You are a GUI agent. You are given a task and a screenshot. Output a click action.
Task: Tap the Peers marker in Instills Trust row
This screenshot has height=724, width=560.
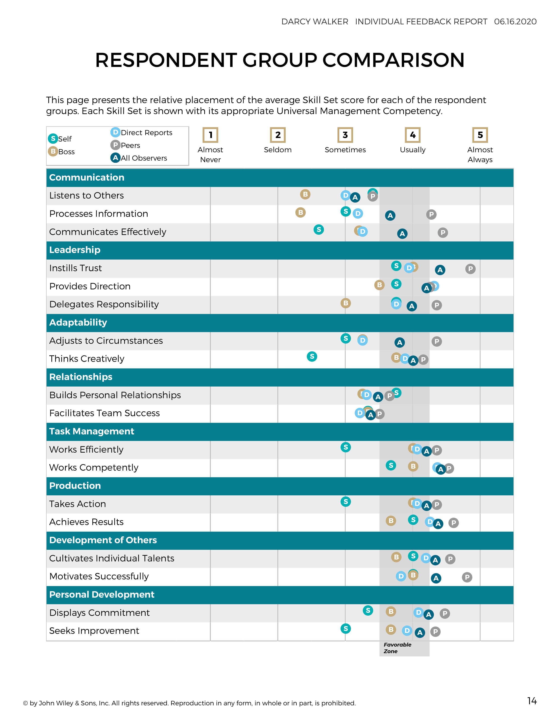(470, 269)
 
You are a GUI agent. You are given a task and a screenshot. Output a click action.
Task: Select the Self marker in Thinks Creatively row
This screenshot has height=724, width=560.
(312, 357)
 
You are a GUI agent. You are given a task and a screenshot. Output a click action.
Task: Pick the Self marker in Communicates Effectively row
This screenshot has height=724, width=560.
(318, 229)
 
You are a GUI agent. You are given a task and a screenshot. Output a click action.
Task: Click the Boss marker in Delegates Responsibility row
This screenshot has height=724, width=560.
(346, 303)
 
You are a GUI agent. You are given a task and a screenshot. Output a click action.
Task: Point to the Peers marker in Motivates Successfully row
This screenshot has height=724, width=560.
(467, 577)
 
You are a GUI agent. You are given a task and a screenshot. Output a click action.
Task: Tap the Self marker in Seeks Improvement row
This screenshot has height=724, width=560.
(346, 629)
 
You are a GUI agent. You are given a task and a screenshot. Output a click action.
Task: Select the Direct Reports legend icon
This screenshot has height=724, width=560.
(115, 132)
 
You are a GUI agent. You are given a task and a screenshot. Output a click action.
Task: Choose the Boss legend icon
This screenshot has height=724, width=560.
(53, 152)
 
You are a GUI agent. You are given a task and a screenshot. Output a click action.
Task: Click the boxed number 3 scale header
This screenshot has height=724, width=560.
(345, 135)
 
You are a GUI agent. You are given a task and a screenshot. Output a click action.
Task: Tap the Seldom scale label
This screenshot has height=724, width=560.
(278, 150)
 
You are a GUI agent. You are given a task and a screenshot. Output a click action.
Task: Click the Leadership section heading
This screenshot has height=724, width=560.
(75, 250)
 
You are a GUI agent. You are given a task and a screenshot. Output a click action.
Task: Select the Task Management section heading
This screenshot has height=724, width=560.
(92, 431)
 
